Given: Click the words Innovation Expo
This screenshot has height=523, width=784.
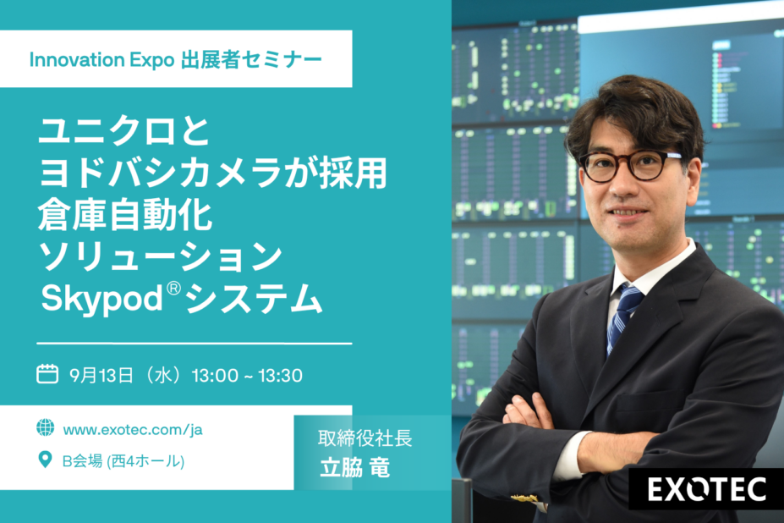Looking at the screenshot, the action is click(101, 60).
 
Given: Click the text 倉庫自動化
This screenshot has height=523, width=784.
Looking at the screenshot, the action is click(125, 215).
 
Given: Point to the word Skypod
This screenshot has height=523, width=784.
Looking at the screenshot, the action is click(102, 300).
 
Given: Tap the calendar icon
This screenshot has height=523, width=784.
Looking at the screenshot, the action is click(47, 374).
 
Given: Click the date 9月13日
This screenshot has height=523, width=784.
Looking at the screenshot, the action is click(101, 376).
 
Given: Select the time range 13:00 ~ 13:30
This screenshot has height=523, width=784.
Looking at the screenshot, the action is click(247, 376).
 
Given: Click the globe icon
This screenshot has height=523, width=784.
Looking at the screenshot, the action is click(45, 427).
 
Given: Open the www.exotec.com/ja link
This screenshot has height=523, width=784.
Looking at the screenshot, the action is click(133, 430).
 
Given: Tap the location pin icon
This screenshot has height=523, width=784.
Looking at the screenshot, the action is click(45, 460).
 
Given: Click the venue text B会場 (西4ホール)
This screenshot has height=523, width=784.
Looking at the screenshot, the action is click(123, 461).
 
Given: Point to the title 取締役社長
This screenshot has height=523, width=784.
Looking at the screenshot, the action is click(365, 438).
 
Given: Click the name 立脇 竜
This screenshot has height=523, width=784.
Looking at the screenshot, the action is click(354, 468).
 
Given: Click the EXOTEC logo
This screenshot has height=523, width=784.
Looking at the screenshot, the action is click(707, 489).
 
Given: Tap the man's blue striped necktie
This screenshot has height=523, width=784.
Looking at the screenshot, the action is click(623, 317).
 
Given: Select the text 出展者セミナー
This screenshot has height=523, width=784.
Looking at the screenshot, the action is click(251, 59).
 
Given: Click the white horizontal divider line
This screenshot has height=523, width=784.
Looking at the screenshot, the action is click(195, 344).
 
